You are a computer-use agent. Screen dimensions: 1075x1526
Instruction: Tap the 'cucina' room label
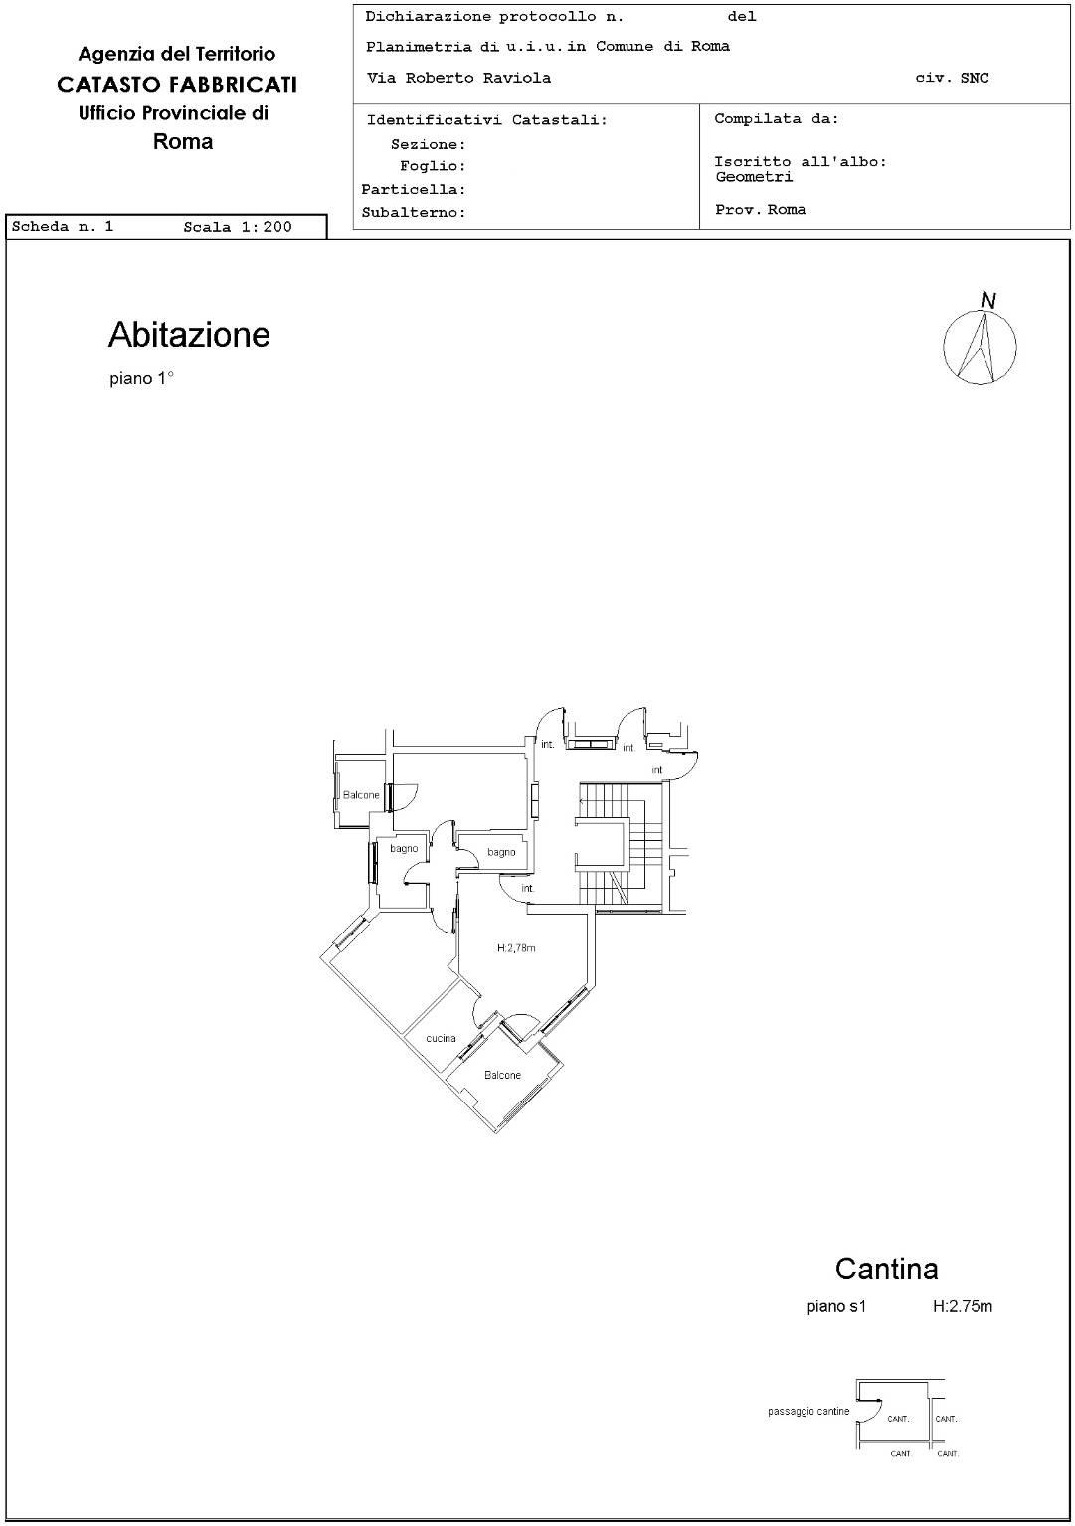[x=441, y=1038]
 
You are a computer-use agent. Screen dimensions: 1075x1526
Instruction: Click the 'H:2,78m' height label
[x=516, y=948]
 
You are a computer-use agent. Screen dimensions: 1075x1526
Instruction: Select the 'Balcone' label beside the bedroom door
[x=361, y=795]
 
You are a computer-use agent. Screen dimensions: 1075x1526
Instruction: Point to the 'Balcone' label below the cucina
[x=502, y=1075]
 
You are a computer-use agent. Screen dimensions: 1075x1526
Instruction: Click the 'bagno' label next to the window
[x=404, y=849]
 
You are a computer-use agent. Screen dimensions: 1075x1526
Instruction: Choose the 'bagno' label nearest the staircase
[x=501, y=852]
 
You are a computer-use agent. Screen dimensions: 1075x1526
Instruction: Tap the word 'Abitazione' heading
[x=190, y=334]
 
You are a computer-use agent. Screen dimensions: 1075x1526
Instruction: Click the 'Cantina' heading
[x=886, y=1269]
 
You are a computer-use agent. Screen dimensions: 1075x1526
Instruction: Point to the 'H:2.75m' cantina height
[x=963, y=1306]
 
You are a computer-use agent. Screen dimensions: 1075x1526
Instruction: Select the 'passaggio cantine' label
[x=808, y=1411]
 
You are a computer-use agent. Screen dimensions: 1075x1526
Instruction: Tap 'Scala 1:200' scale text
[x=238, y=227]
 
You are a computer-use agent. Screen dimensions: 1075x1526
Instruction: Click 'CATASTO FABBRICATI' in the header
[x=177, y=85]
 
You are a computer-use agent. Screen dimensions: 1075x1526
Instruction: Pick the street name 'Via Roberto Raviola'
[x=458, y=78]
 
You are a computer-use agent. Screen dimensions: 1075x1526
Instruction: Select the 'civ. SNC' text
[x=952, y=78]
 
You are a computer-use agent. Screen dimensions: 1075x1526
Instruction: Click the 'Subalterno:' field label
[x=413, y=212]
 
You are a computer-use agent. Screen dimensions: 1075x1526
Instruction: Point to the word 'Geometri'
[x=754, y=177]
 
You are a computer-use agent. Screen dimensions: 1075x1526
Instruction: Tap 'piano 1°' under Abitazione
[x=142, y=378]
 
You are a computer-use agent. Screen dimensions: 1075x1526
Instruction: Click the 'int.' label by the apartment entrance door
[x=528, y=888]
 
